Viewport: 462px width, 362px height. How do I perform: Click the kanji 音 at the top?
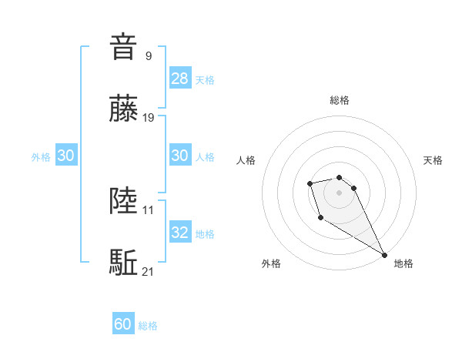click(x=123, y=48)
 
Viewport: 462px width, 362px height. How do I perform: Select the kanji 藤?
click(x=123, y=109)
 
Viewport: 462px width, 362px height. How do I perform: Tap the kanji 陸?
click(x=123, y=201)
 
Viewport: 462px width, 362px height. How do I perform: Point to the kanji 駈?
click(x=123, y=263)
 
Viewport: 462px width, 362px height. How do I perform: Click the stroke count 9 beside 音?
click(x=148, y=55)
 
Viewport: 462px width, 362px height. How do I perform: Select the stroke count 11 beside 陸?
click(x=149, y=209)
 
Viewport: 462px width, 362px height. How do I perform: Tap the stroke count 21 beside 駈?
click(x=149, y=270)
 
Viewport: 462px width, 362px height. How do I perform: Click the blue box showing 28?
click(x=180, y=79)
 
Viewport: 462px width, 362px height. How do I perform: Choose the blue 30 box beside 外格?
click(x=65, y=156)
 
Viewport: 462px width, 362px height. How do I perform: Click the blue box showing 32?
click(x=180, y=233)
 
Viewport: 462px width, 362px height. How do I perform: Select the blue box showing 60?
click(x=123, y=325)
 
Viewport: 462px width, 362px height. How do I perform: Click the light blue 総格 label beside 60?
click(x=148, y=326)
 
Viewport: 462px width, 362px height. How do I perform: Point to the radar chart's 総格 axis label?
click(x=340, y=100)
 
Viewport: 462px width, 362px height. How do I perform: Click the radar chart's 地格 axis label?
click(x=403, y=263)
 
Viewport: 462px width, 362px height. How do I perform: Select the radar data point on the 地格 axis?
click(x=384, y=255)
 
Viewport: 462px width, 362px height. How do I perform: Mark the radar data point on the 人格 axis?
click(x=310, y=183)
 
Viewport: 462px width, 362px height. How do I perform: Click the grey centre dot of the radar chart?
click(x=340, y=192)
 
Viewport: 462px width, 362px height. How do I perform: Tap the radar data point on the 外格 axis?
click(x=320, y=218)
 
